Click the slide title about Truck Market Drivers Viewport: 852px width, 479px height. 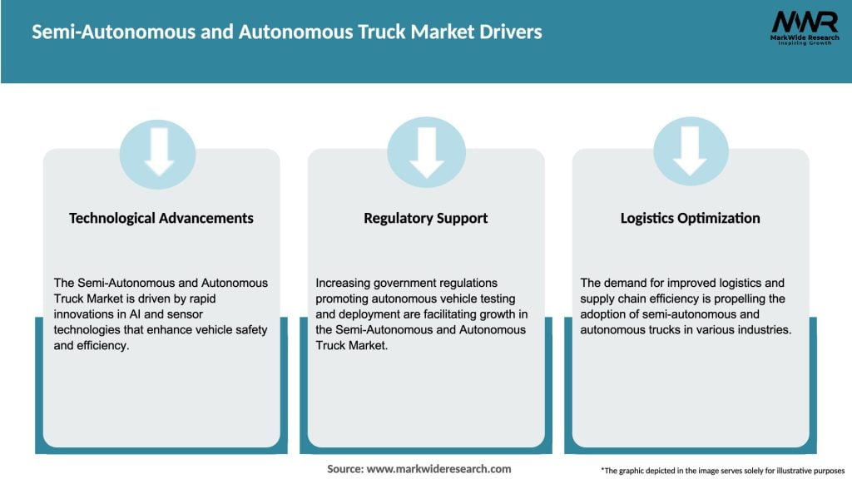pos(287,32)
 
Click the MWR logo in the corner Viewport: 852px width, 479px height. pos(804,27)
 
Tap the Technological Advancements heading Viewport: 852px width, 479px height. pos(161,218)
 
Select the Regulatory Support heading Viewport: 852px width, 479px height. pos(425,218)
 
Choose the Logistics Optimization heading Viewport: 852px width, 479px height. pos(690,218)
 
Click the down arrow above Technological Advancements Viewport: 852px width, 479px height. pos(158,153)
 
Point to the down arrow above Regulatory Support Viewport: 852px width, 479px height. pos(426,153)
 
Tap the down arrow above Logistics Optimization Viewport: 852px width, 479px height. pos(690,153)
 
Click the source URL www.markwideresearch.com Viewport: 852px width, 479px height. pos(438,469)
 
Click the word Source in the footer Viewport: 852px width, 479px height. pos(344,469)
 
